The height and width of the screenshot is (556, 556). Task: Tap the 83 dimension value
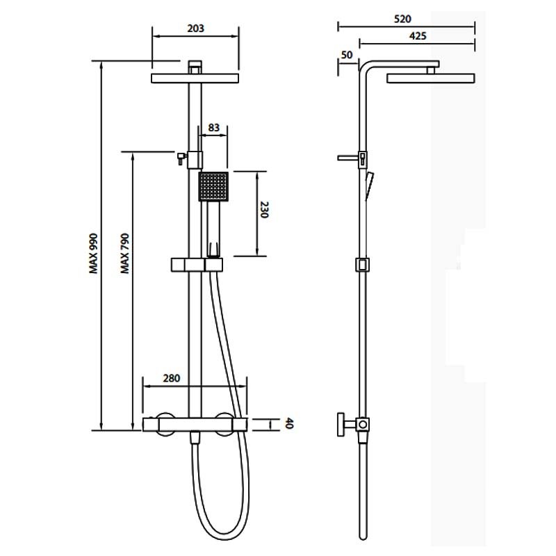pyautogui.click(x=214, y=128)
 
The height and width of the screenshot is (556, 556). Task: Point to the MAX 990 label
pyautogui.click(x=94, y=254)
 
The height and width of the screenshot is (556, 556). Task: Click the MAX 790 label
pyautogui.click(x=125, y=254)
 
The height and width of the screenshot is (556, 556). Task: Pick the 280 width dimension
pyautogui.click(x=172, y=378)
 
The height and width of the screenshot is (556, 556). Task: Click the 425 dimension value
pyautogui.click(x=417, y=35)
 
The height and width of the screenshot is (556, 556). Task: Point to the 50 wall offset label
pyautogui.click(x=347, y=54)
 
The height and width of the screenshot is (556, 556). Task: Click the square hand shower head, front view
pyautogui.click(x=213, y=186)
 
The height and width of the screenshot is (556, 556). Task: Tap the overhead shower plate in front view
pyautogui.click(x=195, y=79)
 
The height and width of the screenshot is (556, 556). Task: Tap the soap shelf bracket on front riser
pyautogui.click(x=197, y=264)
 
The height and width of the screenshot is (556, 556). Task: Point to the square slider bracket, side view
pyautogui.click(x=361, y=265)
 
